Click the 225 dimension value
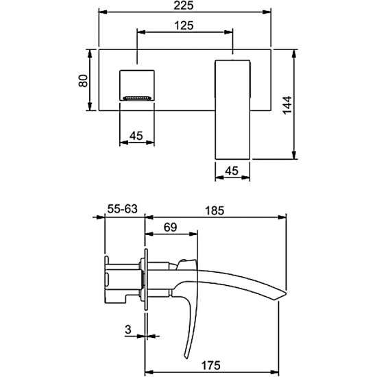tap(184, 5)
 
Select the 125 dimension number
tap(184, 25)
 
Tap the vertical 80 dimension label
tap(84, 81)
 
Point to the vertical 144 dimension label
tap(287, 105)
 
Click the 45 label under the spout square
tap(136, 136)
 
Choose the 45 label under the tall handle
tap(232, 171)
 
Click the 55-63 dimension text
tap(122, 209)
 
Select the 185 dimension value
tap(215, 210)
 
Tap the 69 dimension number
tap(170, 227)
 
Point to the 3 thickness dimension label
tap(128, 329)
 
